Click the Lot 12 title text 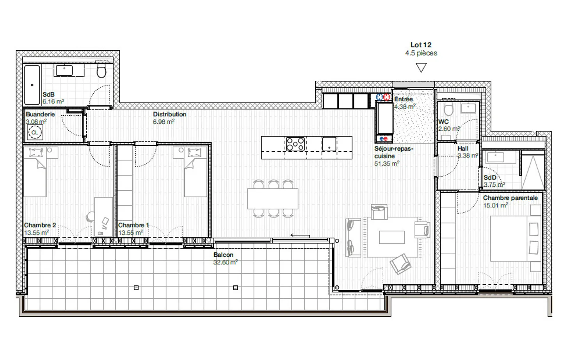[x=421, y=45]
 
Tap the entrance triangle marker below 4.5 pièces [x=421, y=68]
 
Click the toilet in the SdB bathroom [x=101, y=71]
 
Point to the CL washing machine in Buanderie [x=35, y=133]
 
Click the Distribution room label [x=169, y=114]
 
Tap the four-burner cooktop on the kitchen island [x=295, y=144]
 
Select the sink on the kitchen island [x=329, y=144]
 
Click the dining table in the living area [x=272, y=199]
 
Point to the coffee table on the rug [x=391, y=237]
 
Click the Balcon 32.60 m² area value [x=225, y=262]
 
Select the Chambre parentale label [x=510, y=198]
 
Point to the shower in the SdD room [x=533, y=172]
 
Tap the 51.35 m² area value [x=386, y=164]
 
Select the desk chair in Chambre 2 [x=91, y=216]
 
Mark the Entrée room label [x=403, y=99]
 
